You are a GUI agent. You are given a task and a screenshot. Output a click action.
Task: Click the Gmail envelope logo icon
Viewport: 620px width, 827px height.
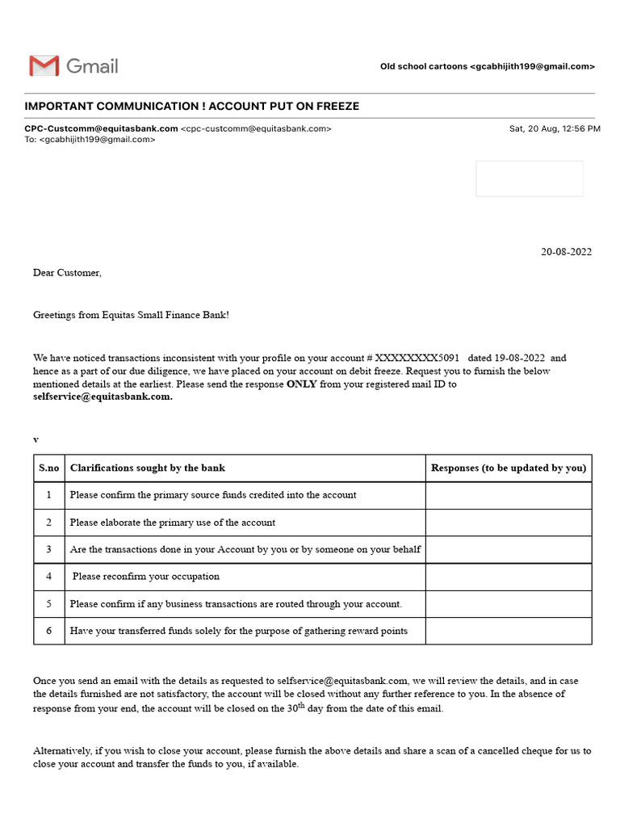pos(44,65)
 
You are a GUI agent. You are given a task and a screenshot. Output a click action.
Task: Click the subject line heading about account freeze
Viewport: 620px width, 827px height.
pos(192,107)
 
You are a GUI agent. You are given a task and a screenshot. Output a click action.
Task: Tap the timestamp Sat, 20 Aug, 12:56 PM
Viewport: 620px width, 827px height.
pos(554,128)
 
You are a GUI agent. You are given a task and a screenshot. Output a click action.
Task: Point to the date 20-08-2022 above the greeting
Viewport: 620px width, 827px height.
pos(566,252)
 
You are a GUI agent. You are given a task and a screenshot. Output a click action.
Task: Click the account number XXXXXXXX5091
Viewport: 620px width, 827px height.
pos(417,358)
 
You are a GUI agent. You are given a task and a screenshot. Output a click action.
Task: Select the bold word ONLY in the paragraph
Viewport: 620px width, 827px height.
pos(301,384)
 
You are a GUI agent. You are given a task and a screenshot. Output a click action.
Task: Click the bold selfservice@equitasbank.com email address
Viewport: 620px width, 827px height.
pos(103,397)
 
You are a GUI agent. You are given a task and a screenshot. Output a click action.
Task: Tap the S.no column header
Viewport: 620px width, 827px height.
pos(49,468)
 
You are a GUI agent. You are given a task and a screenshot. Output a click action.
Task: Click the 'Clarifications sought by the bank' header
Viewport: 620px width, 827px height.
pos(148,468)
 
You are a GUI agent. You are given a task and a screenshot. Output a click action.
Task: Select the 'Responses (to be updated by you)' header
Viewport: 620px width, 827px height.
pos(509,468)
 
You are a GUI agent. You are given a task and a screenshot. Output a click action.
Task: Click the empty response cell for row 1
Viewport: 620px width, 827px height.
pos(509,495)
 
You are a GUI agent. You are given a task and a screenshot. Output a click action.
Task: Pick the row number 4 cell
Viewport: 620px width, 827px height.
pos(49,577)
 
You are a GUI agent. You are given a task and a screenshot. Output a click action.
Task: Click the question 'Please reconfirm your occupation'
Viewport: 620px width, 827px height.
pos(146,577)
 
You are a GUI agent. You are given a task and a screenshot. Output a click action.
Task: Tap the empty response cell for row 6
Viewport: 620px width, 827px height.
pos(509,631)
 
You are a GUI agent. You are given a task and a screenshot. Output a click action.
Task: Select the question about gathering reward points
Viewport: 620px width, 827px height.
pos(238,631)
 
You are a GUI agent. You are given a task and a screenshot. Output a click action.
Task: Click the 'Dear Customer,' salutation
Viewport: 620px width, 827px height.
pos(67,273)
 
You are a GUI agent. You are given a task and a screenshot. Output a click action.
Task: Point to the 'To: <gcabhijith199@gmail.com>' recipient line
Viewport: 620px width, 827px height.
pos(90,139)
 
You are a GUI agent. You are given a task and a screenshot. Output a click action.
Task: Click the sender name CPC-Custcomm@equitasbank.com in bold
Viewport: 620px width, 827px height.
pos(101,128)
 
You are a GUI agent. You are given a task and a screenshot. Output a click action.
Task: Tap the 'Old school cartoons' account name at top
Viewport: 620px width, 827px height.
pos(423,66)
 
